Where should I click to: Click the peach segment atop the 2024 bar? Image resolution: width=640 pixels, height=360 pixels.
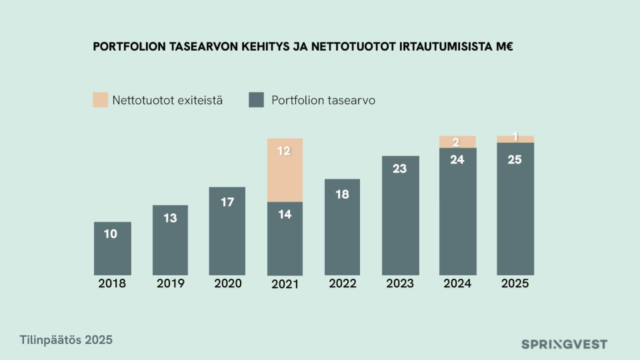tap(457, 141)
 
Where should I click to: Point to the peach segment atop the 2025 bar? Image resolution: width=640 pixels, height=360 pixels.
tap(515, 139)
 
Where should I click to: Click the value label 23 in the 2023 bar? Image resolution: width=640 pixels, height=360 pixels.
tap(399, 169)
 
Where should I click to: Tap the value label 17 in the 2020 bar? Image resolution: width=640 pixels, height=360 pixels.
tap(227, 201)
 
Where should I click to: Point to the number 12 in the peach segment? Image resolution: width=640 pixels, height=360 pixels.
tap(284, 151)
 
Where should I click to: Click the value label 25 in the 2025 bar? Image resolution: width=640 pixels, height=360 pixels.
tap(515, 159)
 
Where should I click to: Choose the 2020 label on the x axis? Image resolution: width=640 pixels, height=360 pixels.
tap(227, 283)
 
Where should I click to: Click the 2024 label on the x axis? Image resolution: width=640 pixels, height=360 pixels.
tap(457, 283)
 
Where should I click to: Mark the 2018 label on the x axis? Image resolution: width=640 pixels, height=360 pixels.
tap(112, 283)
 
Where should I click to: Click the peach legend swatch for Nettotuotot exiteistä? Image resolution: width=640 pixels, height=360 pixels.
tap(100, 101)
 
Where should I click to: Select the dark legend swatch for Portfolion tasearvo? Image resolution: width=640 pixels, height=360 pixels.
tap(256, 101)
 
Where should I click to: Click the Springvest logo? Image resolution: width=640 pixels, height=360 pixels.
tap(564, 345)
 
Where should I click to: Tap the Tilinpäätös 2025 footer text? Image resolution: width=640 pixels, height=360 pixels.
tap(66, 340)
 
